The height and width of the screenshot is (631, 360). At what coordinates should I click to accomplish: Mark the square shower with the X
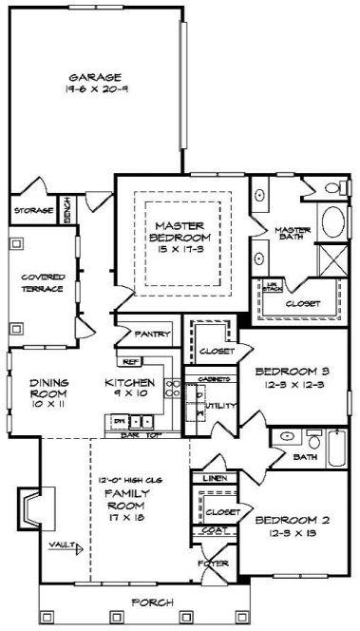click(x=333, y=259)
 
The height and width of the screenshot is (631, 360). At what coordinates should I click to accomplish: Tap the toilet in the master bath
click(x=257, y=257)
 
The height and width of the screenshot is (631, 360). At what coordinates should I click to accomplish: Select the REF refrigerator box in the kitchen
click(x=130, y=362)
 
